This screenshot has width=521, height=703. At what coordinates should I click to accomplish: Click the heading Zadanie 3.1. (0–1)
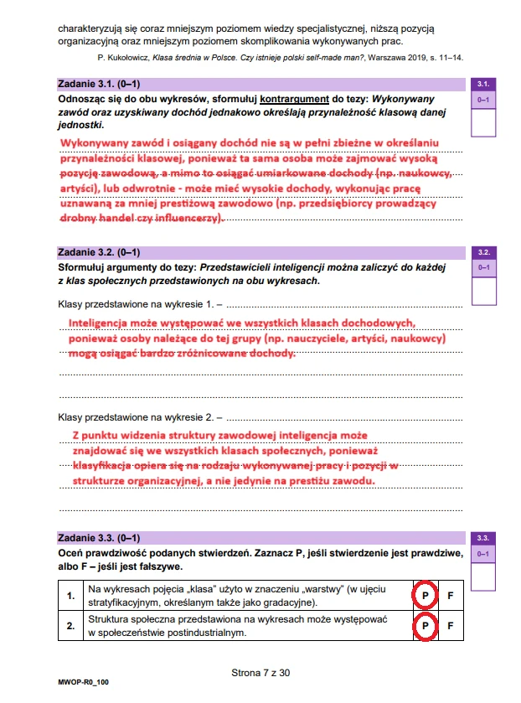[99, 85]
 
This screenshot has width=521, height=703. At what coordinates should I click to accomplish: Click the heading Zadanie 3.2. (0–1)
[99, 251]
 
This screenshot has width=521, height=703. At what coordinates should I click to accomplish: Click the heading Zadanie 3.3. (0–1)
[99, 538]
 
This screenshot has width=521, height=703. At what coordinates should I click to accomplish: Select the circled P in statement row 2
[425, 625]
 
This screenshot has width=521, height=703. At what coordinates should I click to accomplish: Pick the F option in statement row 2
[451, 625]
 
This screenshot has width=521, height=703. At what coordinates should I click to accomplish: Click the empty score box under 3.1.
[484, 123]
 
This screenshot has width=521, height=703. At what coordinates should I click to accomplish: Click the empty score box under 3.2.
[484, 290]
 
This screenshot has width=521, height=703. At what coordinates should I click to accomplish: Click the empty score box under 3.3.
[484, 576]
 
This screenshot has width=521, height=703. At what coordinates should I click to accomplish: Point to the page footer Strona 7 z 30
[260, 672]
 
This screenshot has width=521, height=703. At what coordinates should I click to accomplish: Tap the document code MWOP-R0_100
[84, 683]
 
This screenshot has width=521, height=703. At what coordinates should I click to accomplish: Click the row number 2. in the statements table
[71, 625]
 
